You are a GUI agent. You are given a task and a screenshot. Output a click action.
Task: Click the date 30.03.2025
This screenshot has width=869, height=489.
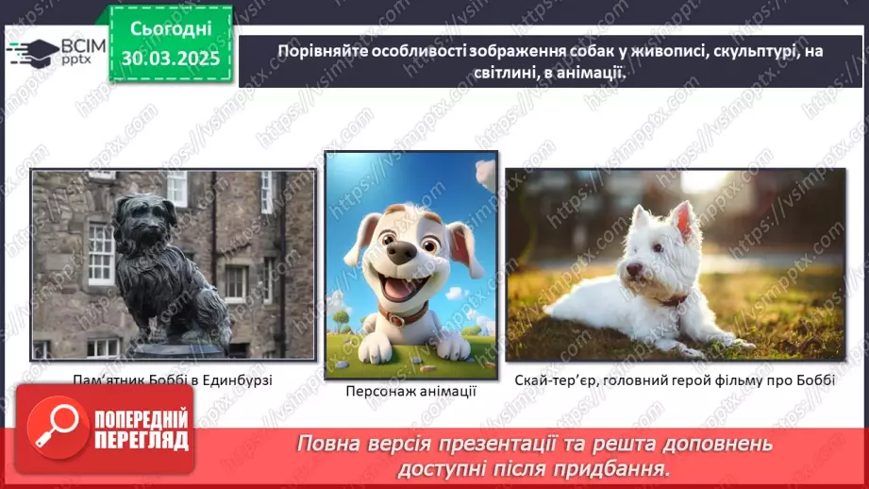[170, 58]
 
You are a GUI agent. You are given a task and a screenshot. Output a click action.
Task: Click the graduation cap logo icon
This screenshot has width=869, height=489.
[32, 51]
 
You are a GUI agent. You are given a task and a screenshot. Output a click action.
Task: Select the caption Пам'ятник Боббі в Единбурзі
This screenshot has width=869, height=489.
[173, 380]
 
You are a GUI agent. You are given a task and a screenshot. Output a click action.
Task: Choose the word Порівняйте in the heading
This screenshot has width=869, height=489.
[321, 53]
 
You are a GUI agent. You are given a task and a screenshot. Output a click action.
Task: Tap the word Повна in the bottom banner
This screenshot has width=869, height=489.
[327, 443]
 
